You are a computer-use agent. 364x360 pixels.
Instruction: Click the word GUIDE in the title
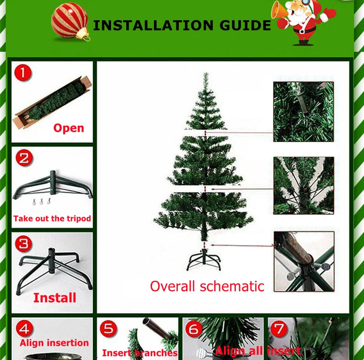[245, 25]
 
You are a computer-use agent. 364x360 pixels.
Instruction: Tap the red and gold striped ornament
[70, 21]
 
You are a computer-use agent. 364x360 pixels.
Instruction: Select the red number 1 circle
[23, 73]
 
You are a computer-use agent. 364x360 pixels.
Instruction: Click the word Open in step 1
[69, 128]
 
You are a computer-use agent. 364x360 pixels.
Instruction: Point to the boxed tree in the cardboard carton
[52, 102]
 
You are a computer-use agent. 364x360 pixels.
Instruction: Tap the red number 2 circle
[24, 158]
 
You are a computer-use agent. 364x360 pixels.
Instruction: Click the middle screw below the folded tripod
[41, 202]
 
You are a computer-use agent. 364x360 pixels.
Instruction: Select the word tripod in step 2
[79, 219]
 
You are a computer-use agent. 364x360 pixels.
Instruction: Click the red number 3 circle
[23, 244]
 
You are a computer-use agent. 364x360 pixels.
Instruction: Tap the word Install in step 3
[55, 298]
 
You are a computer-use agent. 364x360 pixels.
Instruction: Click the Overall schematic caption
[207, 286]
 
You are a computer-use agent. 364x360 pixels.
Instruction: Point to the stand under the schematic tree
[204, 259]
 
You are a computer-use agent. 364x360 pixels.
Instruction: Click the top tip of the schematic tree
[205, 73]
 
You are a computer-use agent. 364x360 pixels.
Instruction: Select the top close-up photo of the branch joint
[304, 111]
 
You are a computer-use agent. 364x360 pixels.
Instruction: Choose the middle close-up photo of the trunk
[304, 186]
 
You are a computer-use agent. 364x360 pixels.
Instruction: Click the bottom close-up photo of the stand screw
[304, 261]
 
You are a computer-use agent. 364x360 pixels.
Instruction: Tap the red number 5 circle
[108, 329]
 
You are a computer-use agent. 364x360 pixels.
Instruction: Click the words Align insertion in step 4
[54, 343]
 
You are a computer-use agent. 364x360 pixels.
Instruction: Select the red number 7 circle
[279, 328]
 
